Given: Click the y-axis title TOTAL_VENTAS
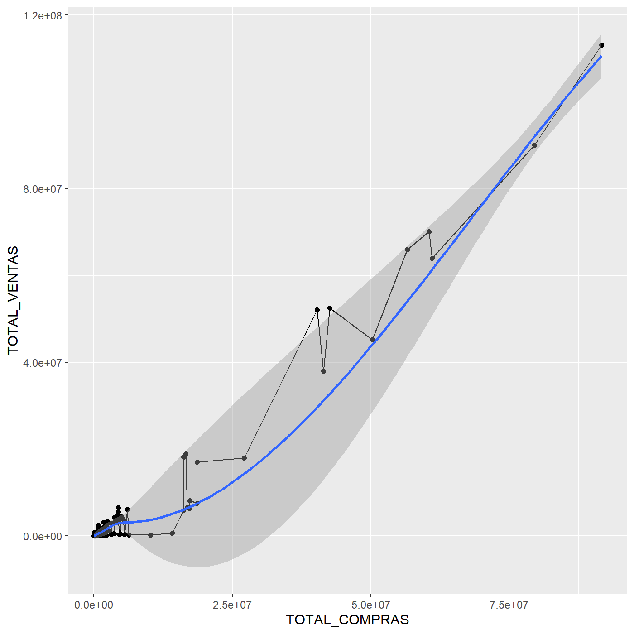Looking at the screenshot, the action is pos(13,300).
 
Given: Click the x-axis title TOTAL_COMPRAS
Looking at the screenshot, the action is pos(347,620).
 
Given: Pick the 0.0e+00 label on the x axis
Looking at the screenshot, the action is pos(94,605).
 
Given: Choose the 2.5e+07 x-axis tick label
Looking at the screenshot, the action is pos(232,605).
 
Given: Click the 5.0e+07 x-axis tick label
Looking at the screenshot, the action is pos(371,605).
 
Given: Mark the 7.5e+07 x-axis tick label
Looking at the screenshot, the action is pos(509,605).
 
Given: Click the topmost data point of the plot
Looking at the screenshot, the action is pos(601,45).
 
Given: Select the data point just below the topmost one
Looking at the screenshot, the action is pos(534,145).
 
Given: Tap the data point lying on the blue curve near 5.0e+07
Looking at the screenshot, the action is pos(372,340).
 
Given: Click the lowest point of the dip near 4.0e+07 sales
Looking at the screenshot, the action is pos(323,371).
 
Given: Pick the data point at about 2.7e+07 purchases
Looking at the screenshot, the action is pos(244,458).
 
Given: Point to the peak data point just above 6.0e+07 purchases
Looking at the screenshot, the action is pos(429,231).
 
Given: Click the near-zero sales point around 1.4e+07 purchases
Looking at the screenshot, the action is pos(172,533).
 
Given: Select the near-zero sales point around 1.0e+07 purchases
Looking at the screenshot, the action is pos(151,535).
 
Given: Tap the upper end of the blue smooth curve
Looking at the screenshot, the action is pos(601,57).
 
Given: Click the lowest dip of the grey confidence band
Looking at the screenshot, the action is pos(197,567).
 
